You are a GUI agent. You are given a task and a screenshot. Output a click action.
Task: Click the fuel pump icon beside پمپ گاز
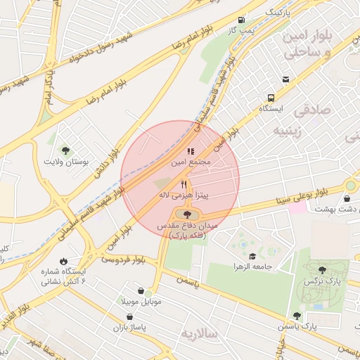(242, 20)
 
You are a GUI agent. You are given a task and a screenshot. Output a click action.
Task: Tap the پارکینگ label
(276, 13)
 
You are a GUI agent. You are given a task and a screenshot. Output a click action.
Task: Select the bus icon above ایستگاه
(271, 98)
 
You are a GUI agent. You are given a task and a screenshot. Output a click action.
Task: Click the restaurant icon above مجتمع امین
(190, 150)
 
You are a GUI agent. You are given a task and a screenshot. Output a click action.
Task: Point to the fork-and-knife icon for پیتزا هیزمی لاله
(184, 184)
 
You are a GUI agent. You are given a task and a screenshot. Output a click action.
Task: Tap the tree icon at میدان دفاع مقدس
(186, 214)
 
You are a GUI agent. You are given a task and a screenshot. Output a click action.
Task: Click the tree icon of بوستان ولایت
(65, 150)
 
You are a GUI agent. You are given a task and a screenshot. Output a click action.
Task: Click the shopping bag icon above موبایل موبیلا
(141, 291)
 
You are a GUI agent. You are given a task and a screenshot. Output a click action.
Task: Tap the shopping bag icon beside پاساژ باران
(130, 317)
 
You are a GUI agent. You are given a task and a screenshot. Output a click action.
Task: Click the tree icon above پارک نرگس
(322, 270)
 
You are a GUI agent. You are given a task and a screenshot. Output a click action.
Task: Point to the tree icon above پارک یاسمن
(297, 316)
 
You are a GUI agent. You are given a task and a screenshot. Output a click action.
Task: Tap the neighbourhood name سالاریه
(198, 331)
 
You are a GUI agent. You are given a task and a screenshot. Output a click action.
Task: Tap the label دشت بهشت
(334, 209)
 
